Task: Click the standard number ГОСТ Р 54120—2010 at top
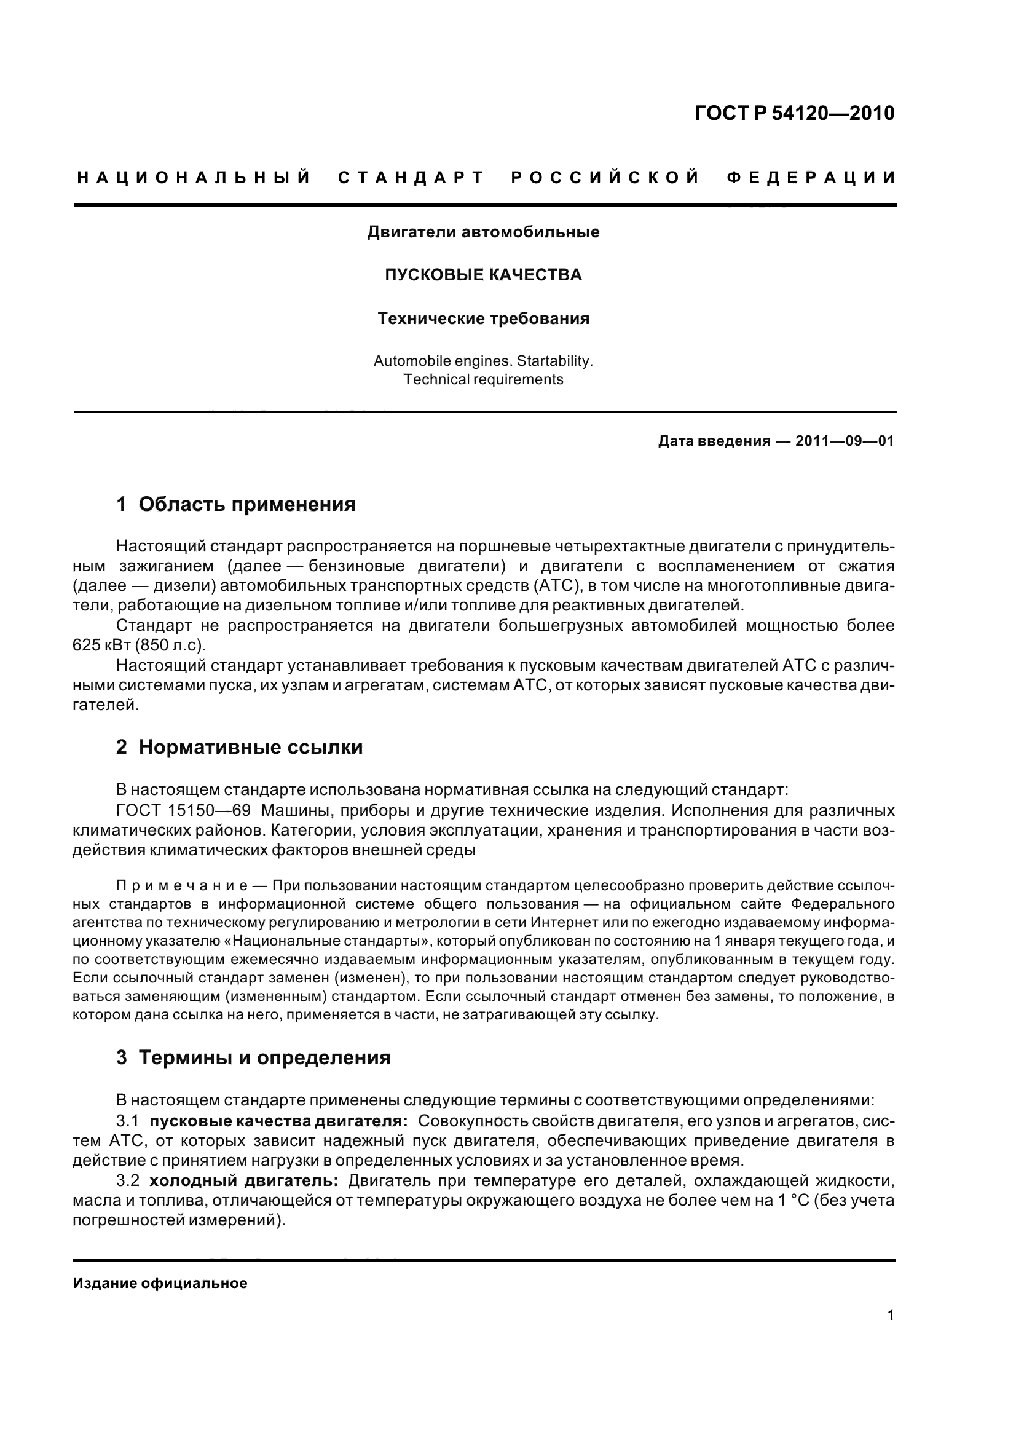[794, 113]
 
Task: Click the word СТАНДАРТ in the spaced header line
[411, 178]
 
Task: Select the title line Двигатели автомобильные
[482, 232]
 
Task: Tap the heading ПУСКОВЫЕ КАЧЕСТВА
[482, 275]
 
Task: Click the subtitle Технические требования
[482, 319]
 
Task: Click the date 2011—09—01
[845, 441]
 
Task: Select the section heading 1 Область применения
[235, 504]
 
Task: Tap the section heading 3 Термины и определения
[253, 1057]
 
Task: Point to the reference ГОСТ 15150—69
[183, 810]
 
